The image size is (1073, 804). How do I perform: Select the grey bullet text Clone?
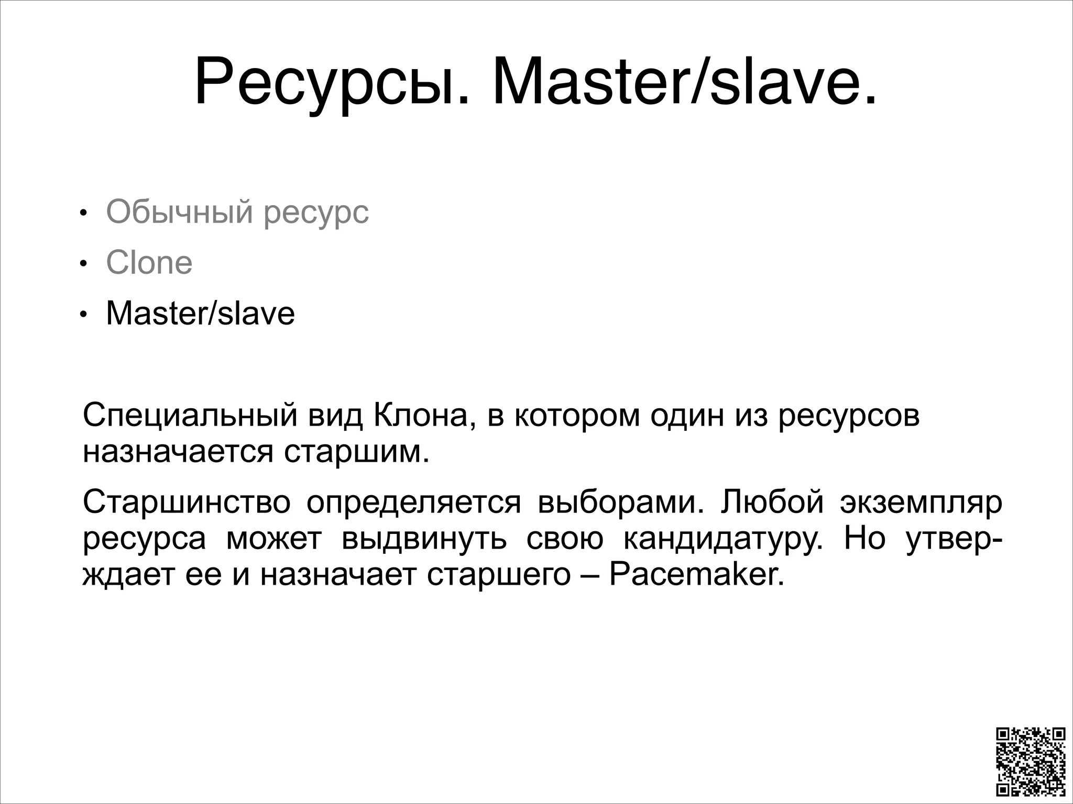(x=149, y=263)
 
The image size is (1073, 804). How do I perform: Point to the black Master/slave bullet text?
(x=201, y=314)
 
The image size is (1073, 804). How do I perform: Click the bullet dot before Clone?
(x=83, y=264)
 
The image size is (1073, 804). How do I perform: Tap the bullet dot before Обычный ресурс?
(x=83, y=214)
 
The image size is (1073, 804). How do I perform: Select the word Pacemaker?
(x=697, y=575)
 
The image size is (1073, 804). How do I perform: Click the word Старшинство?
(x=187, y=502)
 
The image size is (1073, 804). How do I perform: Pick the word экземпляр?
(x=921, y=502)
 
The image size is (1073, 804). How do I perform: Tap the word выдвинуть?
(x=424, y=539)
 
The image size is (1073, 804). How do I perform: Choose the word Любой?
(x=772, y=502)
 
